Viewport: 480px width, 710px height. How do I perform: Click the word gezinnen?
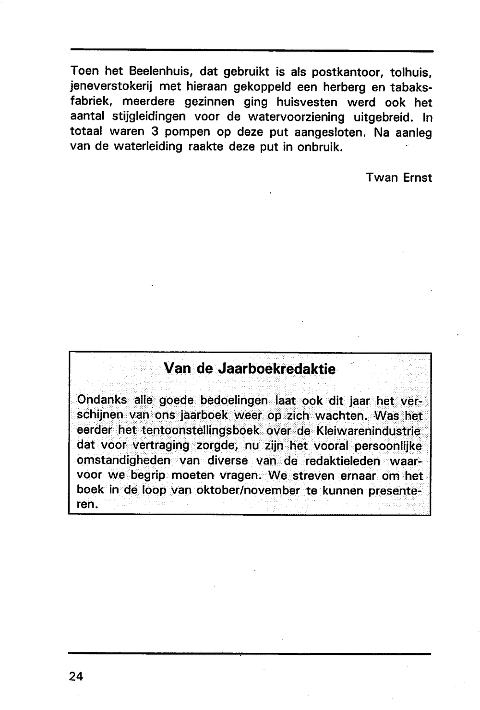(210, 102)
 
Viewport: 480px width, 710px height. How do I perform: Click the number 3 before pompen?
(155, 132)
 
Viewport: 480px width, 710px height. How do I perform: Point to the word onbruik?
(320, 147)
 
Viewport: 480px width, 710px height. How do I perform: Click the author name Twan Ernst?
(399, 177)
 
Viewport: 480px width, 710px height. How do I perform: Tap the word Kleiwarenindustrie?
(366, 430)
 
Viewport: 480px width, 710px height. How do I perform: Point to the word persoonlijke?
(388, 446)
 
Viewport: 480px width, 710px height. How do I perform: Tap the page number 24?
(76, 676)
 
